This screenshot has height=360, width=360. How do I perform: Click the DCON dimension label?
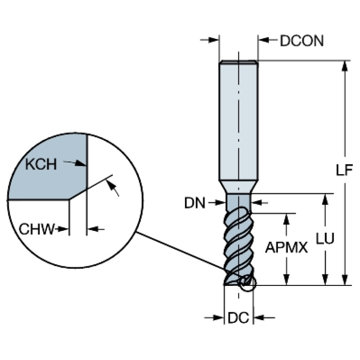click(302, 41)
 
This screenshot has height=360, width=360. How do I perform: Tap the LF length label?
click(344, 170)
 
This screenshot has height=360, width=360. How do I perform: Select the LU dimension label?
click(325, 238)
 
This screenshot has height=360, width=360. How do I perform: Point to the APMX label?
click(286, 247)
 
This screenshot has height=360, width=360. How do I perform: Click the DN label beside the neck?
click(195, 203)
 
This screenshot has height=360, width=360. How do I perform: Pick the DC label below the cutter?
click(238, 318)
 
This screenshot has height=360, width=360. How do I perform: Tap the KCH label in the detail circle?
click(41, 164)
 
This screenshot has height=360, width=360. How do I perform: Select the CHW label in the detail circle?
click(37, 229)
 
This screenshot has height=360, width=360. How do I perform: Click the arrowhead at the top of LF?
click(345, 66)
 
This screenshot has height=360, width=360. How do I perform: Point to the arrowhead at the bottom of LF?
click(345, 280)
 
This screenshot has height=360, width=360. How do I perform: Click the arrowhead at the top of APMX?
click(286, 219)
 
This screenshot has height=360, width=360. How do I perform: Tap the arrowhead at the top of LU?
click(325, 199)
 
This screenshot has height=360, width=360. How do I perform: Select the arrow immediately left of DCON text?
click(268, 40)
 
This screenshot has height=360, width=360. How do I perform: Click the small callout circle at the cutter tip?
click(247, 283)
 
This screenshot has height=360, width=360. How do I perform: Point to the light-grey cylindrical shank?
click(238, 121)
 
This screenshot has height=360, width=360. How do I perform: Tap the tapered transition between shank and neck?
click(238, 187)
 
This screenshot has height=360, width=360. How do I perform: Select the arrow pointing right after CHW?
click(62, 229)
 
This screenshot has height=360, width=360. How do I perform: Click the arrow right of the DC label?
click(264, 318)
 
